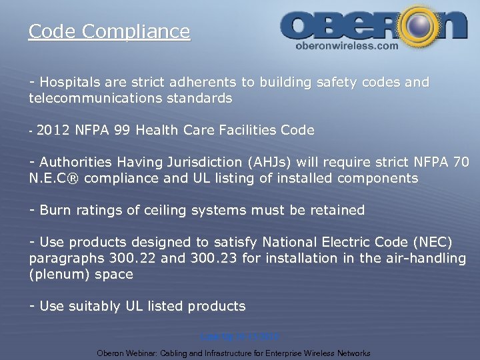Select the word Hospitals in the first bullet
(x=69, y=83)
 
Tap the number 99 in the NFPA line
(x=121, y=131)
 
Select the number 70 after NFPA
(x=461, y=163)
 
